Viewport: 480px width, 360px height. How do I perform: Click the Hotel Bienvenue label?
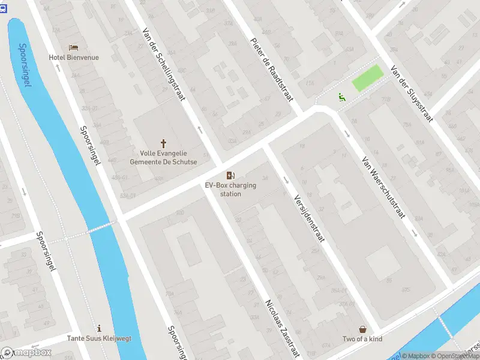(74, 58)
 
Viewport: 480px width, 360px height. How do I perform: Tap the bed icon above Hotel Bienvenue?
(74, 47)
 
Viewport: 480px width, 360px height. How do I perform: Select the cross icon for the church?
(163, 143)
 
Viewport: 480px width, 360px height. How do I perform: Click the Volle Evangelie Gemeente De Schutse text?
(163, 157)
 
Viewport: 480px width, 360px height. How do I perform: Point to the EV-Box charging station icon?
(230, 175)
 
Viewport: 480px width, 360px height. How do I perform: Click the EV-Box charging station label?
(230, 190)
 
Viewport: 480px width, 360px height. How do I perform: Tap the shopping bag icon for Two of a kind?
(363, 329)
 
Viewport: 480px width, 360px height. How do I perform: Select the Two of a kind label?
(363, 340)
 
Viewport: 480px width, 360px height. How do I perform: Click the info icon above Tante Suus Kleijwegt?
(99, 328)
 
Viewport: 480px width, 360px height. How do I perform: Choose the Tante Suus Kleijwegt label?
(99, 338)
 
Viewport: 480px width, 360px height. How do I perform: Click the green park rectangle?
(367, 79)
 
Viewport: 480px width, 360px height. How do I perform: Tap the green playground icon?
(341, 96)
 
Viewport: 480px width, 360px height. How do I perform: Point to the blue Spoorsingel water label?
(25, 65)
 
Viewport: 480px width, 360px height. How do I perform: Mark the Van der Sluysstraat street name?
(411, 93)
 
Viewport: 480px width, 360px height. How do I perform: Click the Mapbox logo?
(26, 353)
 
